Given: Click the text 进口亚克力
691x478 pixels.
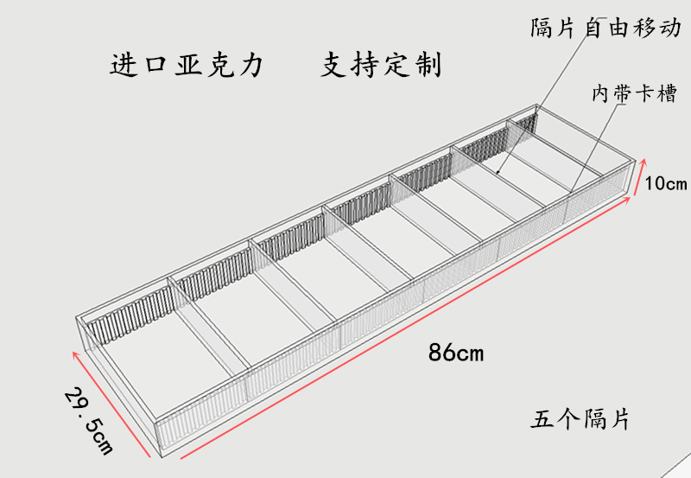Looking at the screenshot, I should (x=186, y=65).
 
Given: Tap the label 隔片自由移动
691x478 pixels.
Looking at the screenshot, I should (x=605, y=28).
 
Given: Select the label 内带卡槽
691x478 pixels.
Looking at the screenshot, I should (x=634, y=93).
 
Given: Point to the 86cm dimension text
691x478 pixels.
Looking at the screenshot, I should (x=455, y=353).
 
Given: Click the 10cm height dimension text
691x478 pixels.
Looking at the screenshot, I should (x=665, y=183).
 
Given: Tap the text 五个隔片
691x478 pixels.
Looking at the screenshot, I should (x=580, y=420).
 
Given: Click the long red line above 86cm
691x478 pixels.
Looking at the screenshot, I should (x=406, y=328).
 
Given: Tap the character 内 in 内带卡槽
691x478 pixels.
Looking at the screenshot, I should (x=602, y=93).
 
